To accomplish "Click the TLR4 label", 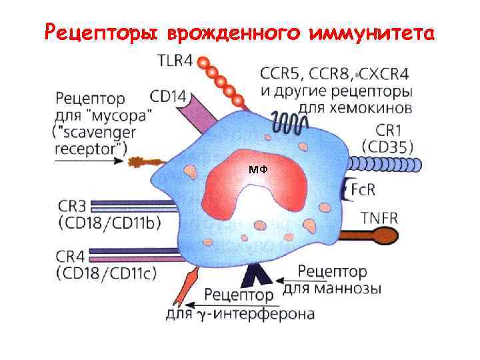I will point(175,61).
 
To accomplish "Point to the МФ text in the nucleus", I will point(257,170).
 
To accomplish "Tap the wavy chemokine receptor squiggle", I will point(289,123).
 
